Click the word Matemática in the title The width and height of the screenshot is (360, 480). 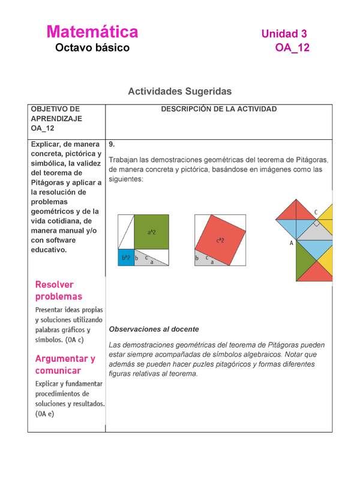(92, 31)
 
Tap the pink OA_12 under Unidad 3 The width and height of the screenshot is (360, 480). (292, 48)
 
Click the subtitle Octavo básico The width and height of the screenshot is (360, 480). (92, 47)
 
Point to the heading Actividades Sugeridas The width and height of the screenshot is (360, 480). (179, 92)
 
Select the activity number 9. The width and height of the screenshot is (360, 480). (112, 145)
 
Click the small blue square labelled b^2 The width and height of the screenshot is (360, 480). (125, 258)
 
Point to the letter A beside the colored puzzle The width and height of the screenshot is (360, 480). (291, 243)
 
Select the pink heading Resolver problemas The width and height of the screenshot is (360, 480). (59, 290)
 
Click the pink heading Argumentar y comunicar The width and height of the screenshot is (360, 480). (65, 365)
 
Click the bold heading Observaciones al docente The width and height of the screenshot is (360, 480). (154, 329)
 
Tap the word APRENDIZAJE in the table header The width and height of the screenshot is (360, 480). (56, 119)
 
